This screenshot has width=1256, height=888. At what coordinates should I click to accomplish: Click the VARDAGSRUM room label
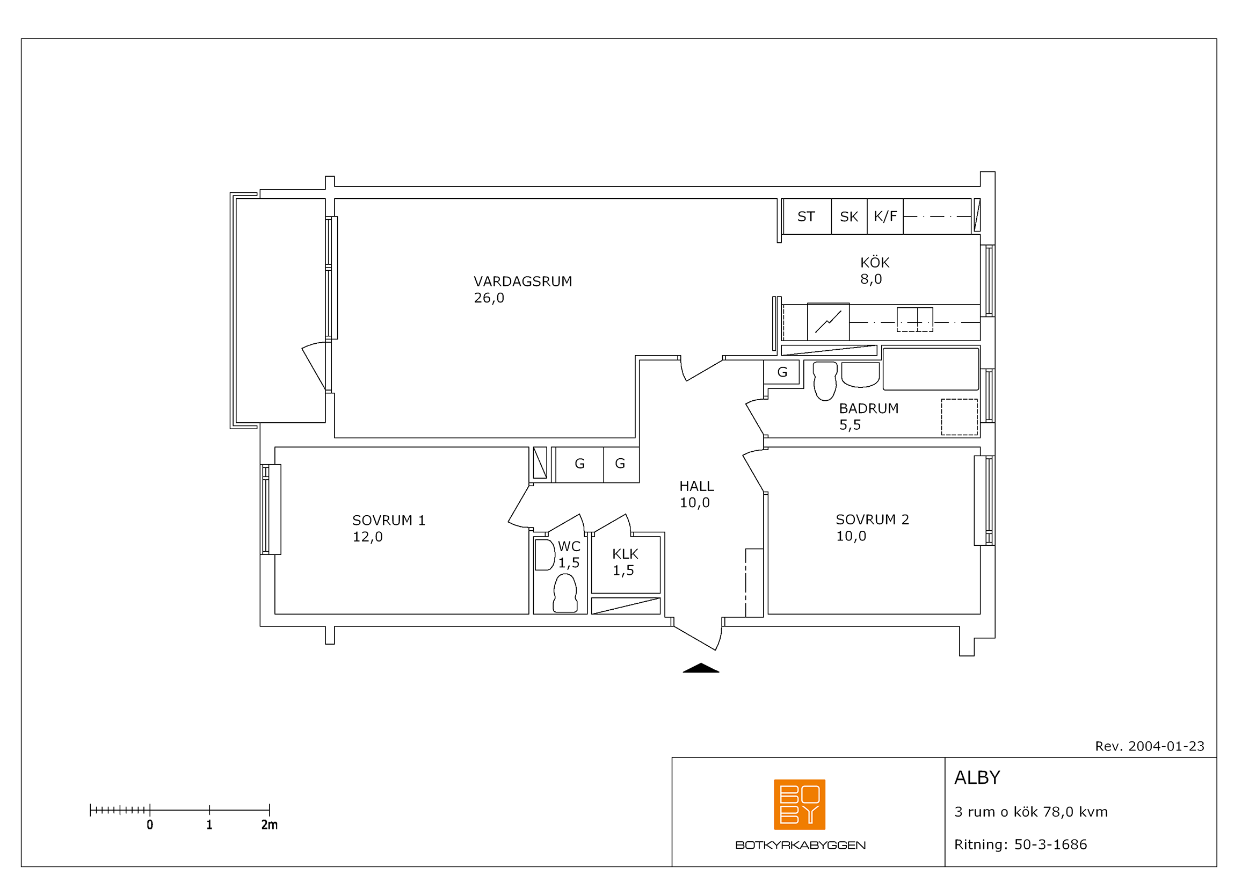(x=522, y=281)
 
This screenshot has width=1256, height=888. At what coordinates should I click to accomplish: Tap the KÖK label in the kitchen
(x=875, y=262)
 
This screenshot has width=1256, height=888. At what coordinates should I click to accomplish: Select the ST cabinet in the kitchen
(x=807, y=216)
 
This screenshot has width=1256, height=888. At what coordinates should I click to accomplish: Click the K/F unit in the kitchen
(x=885, y=216)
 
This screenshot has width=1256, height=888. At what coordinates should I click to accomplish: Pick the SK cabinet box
(x=849, y=216)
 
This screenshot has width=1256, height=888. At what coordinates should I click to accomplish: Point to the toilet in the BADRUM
(x=825, y=381)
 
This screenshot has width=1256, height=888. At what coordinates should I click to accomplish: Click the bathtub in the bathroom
(x=931, y=369)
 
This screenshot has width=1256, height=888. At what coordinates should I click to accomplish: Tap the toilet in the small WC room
(x=565, y=593)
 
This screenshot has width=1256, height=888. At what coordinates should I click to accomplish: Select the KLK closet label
(x=625, y=554)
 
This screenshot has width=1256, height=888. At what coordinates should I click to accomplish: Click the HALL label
(x=696, y=486)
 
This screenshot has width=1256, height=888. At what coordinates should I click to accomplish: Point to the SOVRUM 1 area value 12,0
(x=368, y=537)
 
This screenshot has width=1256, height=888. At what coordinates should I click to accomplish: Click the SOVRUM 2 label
(x=872, y=519)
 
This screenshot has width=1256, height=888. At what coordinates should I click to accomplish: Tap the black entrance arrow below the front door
(x=701, y=668)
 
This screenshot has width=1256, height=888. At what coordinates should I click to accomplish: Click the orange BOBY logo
(x=799, y=804)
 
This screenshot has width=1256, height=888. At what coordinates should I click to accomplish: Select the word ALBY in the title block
(x=977, y=777)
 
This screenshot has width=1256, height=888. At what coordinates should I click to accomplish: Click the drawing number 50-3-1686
(x=1050, y=844)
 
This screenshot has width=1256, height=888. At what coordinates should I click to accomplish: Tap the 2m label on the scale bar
(x=269, y=825)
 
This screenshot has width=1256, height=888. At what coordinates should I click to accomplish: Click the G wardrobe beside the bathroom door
(x=782, y=372)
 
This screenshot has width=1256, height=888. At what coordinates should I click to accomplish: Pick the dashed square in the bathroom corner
(x=959, y=417)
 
